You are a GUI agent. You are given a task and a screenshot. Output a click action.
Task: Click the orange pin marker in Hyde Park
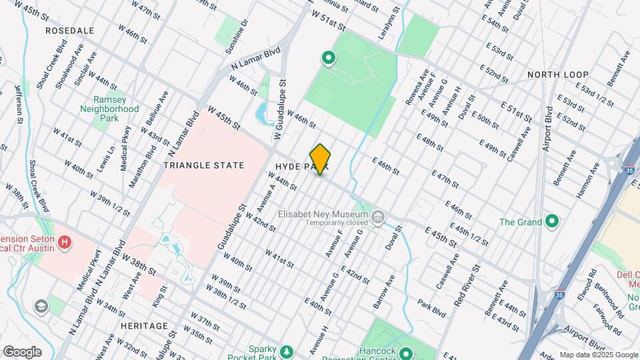[x=321, y=159]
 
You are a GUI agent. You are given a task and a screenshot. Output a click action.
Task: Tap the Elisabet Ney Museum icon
[x=379, y=216]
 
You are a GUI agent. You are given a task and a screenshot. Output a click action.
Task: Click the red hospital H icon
[x=65, y=241]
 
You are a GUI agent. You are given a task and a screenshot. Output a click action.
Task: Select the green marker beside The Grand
[x=551, y=221]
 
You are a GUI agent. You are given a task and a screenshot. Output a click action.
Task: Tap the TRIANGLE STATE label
[x=204, y=165]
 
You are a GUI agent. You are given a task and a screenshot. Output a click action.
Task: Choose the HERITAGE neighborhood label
[x=145, y=325]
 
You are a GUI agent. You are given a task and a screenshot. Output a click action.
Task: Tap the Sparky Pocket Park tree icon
[x=287, y=351]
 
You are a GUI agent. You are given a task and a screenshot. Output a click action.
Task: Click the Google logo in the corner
[x=21, y=352]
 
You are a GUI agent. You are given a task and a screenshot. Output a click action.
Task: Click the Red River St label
[x=467, y=290]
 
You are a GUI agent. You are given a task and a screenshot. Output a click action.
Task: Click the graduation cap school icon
[x=41, y=306]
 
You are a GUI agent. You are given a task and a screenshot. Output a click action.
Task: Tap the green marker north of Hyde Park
[x=328, y=59]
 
